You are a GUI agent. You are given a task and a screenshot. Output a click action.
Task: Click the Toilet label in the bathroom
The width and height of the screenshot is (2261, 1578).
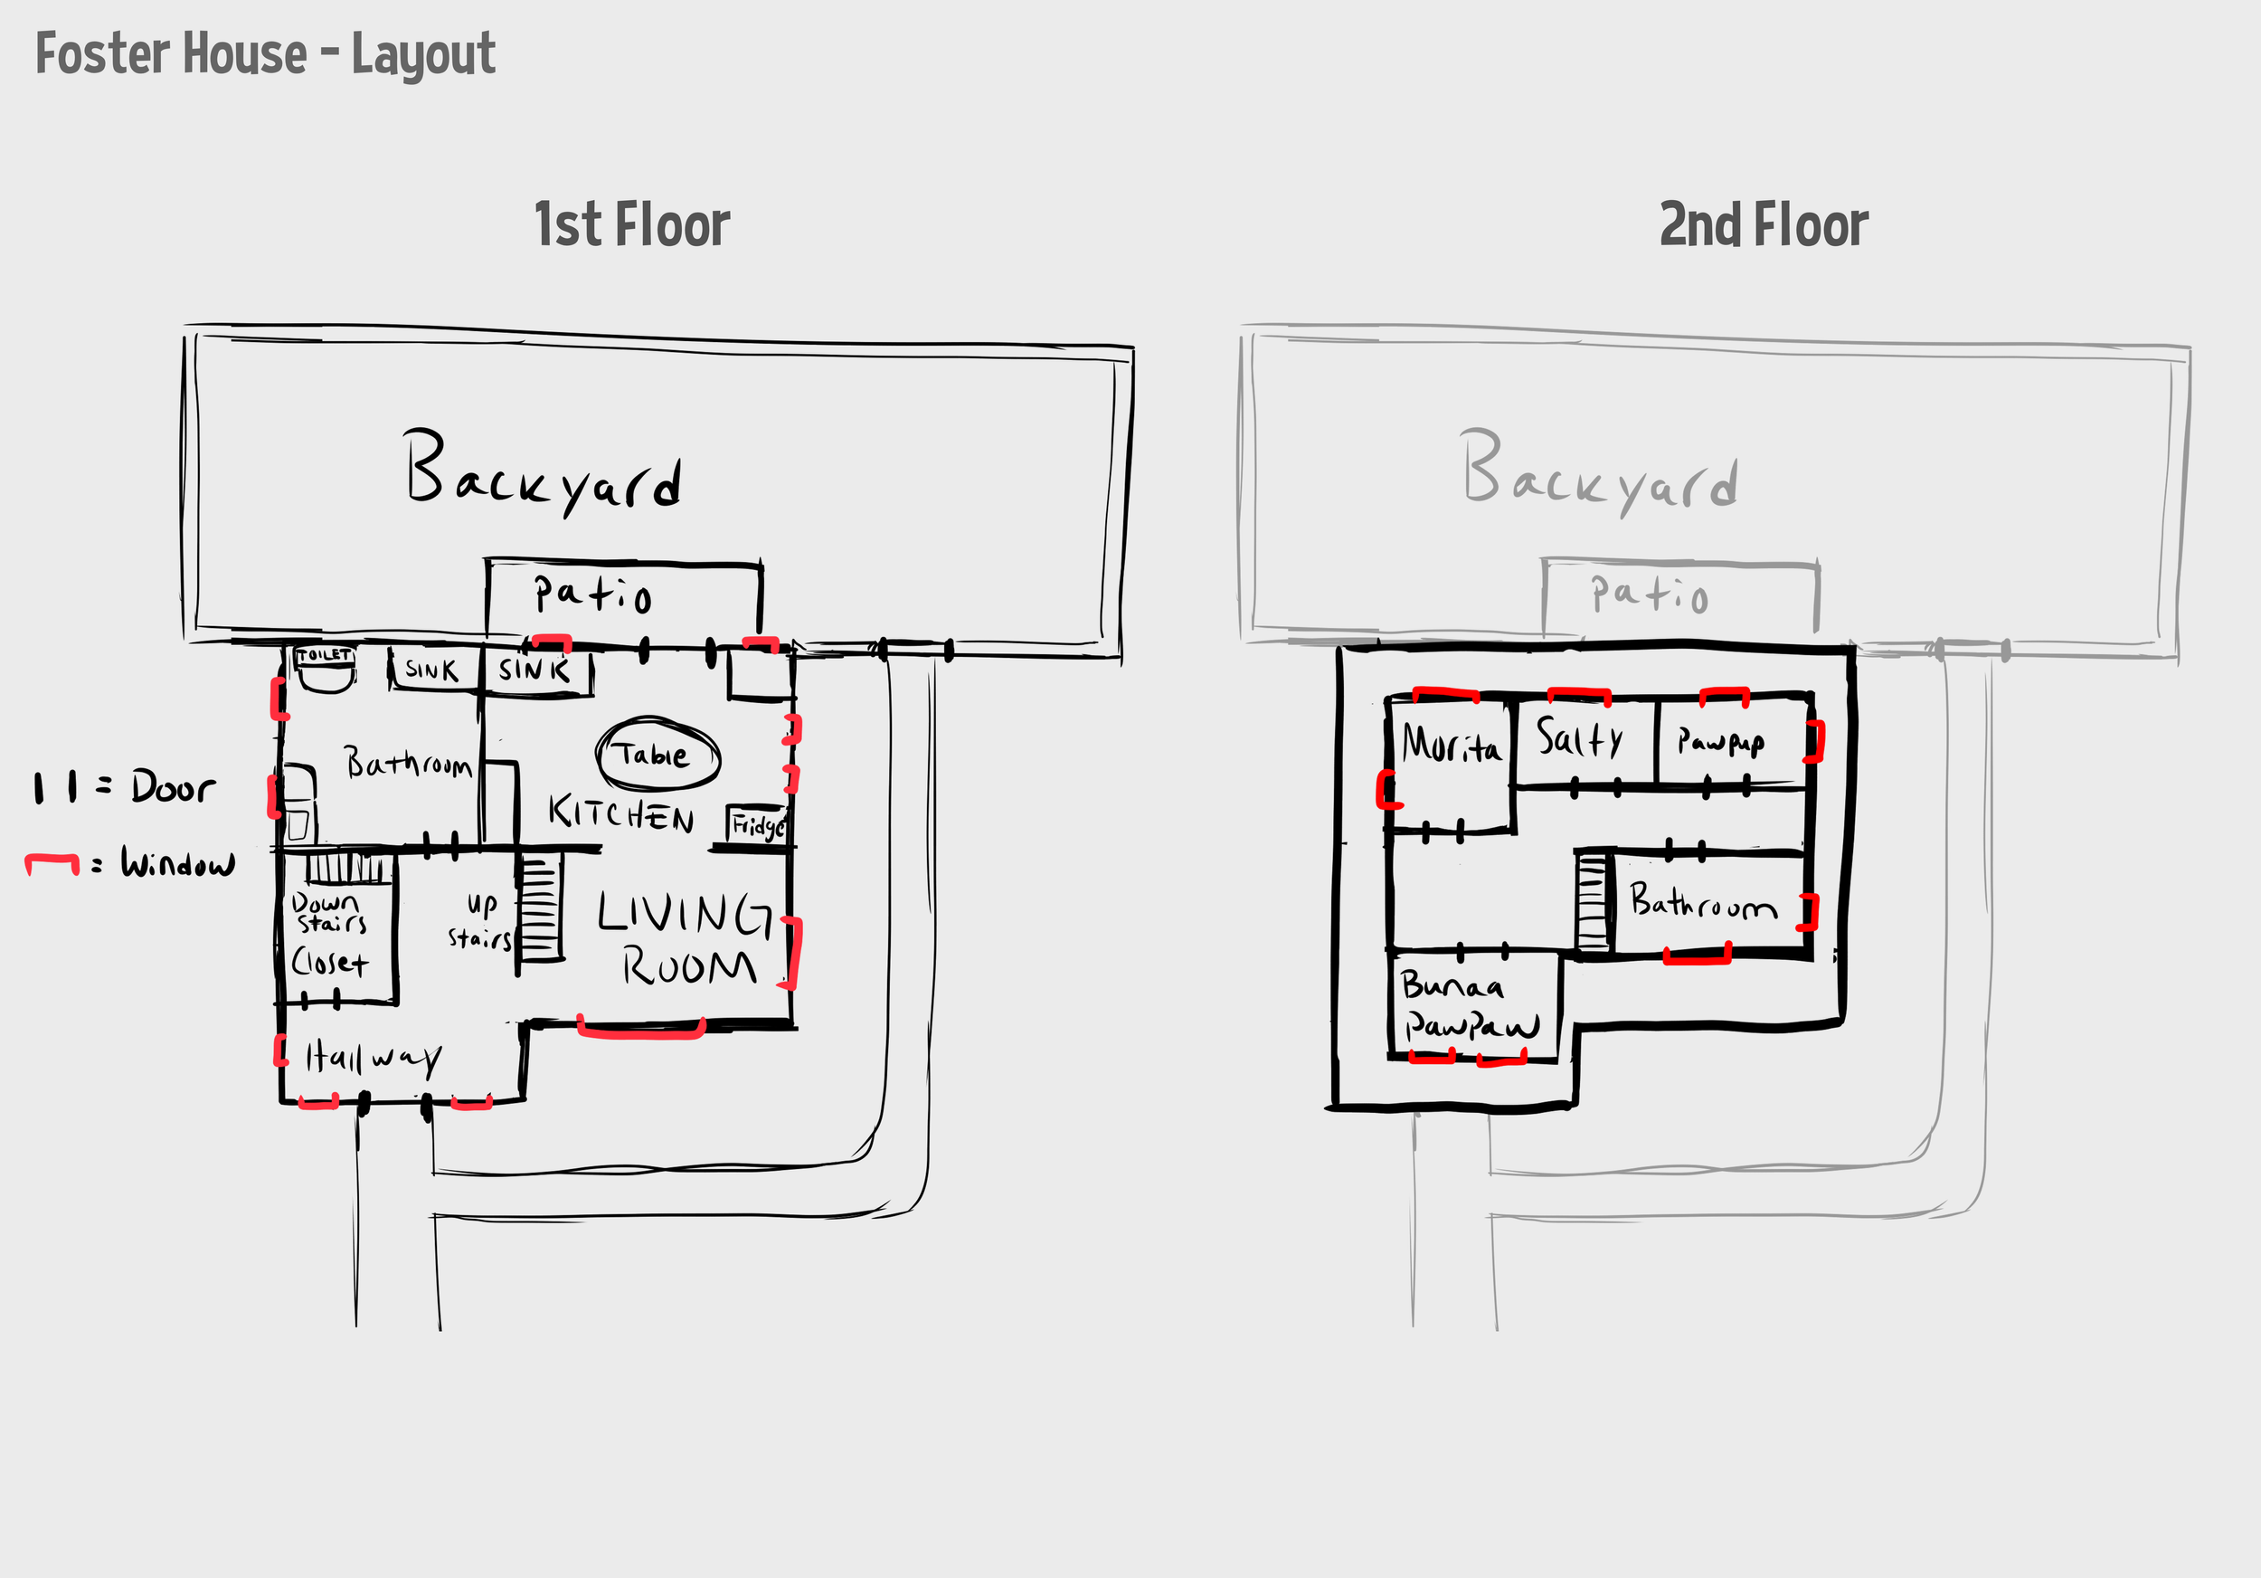pos(324,655)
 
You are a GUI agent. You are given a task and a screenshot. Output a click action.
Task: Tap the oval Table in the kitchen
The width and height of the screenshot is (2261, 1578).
pos(657,755)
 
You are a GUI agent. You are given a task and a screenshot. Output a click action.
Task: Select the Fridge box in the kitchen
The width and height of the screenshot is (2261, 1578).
pos(757,824)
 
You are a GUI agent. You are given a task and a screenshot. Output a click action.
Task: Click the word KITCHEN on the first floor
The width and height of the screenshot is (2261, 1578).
pos(621,814)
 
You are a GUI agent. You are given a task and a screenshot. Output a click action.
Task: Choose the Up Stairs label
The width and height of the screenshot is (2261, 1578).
pos(480,921)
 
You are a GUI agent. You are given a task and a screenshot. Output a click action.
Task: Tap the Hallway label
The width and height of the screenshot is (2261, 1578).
pos(374,1058)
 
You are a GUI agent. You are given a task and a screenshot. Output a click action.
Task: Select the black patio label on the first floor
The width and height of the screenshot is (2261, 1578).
pos(592,594)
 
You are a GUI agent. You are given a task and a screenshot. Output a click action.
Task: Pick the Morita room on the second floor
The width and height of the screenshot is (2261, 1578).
pos(1451,745)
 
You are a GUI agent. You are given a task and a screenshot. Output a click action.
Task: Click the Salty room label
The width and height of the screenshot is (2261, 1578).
pos(1581,737)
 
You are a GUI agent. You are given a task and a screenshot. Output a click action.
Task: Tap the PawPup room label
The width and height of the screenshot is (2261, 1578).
pos(1720,742)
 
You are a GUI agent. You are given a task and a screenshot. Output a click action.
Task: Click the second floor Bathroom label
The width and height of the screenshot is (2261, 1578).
pos(1703,902)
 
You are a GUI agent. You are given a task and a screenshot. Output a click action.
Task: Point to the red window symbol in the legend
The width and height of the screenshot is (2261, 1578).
pos(52,863)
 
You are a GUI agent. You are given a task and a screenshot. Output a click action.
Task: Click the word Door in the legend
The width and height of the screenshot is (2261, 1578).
pos(174,787)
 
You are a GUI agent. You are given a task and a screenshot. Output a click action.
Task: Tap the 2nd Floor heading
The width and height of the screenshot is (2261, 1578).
pos(1763,225)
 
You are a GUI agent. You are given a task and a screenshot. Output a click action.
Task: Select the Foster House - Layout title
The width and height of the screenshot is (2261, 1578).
pos(266,54)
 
